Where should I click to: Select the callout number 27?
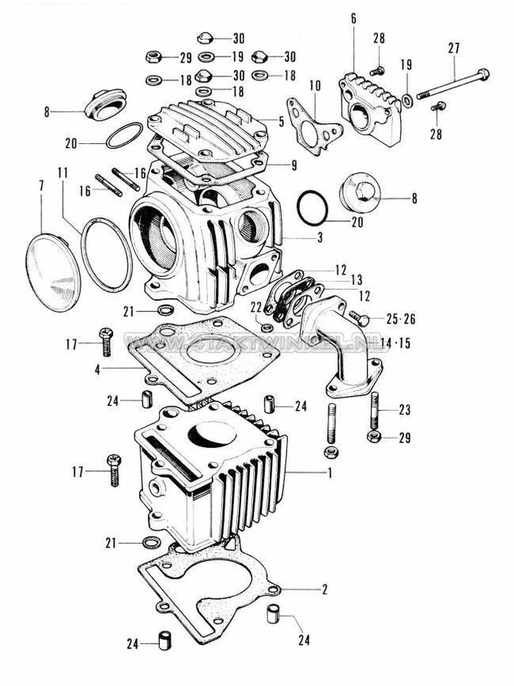click(454, 48)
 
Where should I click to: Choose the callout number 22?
click(255, 307)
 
